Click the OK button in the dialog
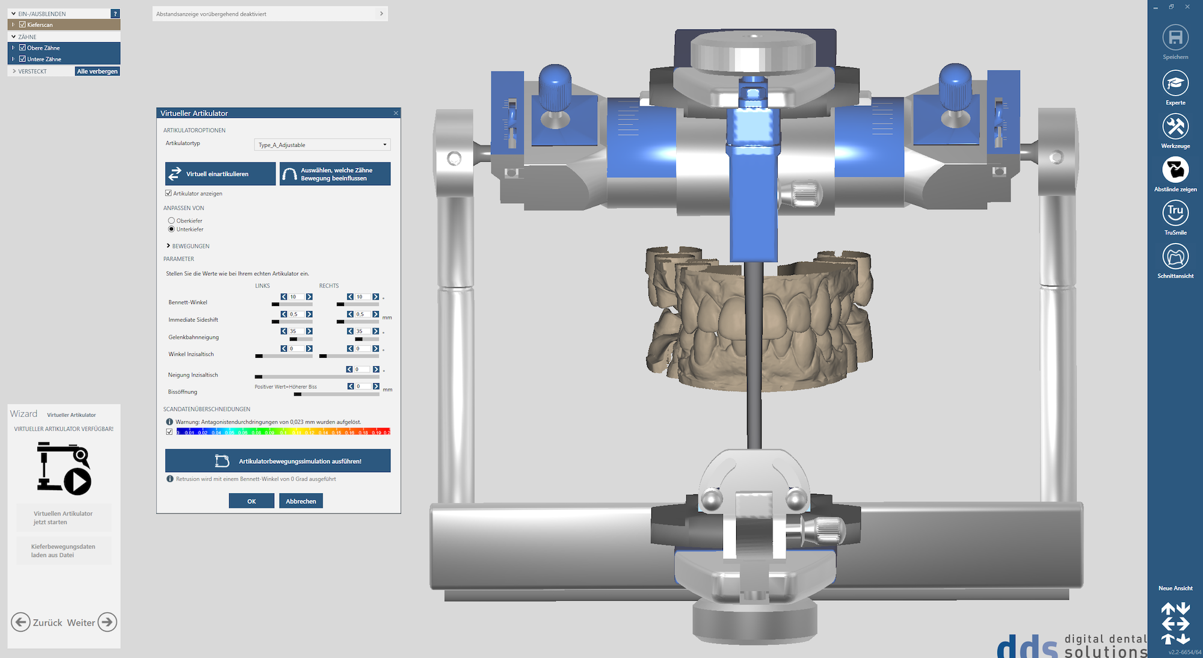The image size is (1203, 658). click(251, 501)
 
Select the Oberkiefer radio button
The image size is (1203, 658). click(171, 221)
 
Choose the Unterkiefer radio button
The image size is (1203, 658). click(171, 229)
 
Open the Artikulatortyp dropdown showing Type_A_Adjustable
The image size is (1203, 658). click(322, 145)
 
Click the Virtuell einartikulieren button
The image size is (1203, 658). click(220, 174)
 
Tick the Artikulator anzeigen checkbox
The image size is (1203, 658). click(168, 193)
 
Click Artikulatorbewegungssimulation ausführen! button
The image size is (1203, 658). click(278, 461)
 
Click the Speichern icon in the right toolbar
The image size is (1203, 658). click(1175, 38)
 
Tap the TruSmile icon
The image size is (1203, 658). click(1175, 213)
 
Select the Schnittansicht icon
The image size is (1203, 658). click(1175, 257)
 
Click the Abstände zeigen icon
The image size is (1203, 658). click(1175, 170)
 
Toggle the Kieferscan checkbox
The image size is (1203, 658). click(22, 25)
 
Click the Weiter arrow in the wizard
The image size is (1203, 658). click(107, 622)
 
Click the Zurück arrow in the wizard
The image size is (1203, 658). click(20, 622)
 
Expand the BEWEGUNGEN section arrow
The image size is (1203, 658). click(168, 246)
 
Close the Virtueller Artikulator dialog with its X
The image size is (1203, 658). click(396, 113)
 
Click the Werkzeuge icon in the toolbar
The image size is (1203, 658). click(1175, 127)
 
